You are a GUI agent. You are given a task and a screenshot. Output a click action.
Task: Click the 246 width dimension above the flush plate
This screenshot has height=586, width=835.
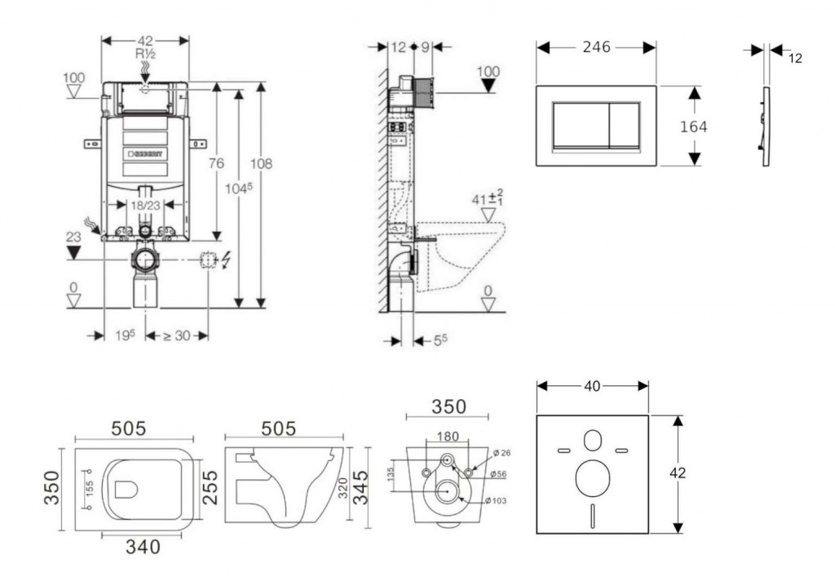pos(596,47)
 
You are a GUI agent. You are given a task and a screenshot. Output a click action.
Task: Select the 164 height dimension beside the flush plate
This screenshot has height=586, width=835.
pos(694,127)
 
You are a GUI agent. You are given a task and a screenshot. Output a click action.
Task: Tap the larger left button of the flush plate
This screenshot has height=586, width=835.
pos(580,125)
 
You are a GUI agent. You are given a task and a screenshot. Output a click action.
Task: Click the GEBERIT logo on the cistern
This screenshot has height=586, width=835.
pos(145,153)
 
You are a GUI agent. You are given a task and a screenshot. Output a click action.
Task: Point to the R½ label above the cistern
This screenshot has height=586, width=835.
pos(145,54)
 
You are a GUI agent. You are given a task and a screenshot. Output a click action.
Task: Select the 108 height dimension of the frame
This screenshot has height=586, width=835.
pos(261,163)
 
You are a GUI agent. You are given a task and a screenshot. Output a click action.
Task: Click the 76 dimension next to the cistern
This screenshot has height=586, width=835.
pos(215,163)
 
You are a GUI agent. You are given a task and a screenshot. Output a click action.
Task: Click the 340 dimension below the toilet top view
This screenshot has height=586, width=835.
pos(142,547)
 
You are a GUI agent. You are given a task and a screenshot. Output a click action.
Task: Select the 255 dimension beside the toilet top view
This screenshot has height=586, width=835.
pos(210,487)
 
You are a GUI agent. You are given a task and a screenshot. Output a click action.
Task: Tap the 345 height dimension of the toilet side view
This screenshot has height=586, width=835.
pos(360,487)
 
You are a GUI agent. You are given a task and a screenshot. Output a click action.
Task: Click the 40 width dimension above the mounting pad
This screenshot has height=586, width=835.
pos(592,386)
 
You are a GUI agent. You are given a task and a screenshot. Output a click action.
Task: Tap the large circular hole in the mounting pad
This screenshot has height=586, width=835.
pos(592,478)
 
